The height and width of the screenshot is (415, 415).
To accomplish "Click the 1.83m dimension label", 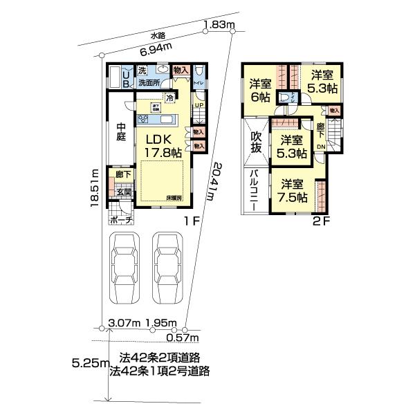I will click(219, 26).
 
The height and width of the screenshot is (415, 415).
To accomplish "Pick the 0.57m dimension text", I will click(183, 338).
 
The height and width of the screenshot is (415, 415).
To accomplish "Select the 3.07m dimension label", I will click(125, 323).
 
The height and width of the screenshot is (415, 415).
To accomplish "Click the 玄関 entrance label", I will click(124, 192).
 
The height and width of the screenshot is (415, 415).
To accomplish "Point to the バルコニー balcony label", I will click(255, 187).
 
